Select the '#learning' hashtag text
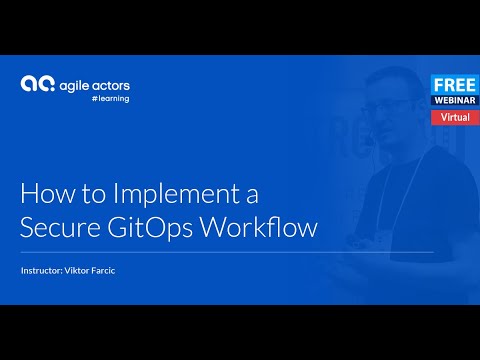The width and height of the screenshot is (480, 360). (109, 98)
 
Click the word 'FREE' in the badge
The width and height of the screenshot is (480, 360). (453, 84)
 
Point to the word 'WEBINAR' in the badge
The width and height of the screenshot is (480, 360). (453, 100)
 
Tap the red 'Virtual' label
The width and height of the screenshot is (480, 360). (453, 117)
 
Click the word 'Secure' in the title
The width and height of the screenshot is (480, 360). (58, 227)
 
